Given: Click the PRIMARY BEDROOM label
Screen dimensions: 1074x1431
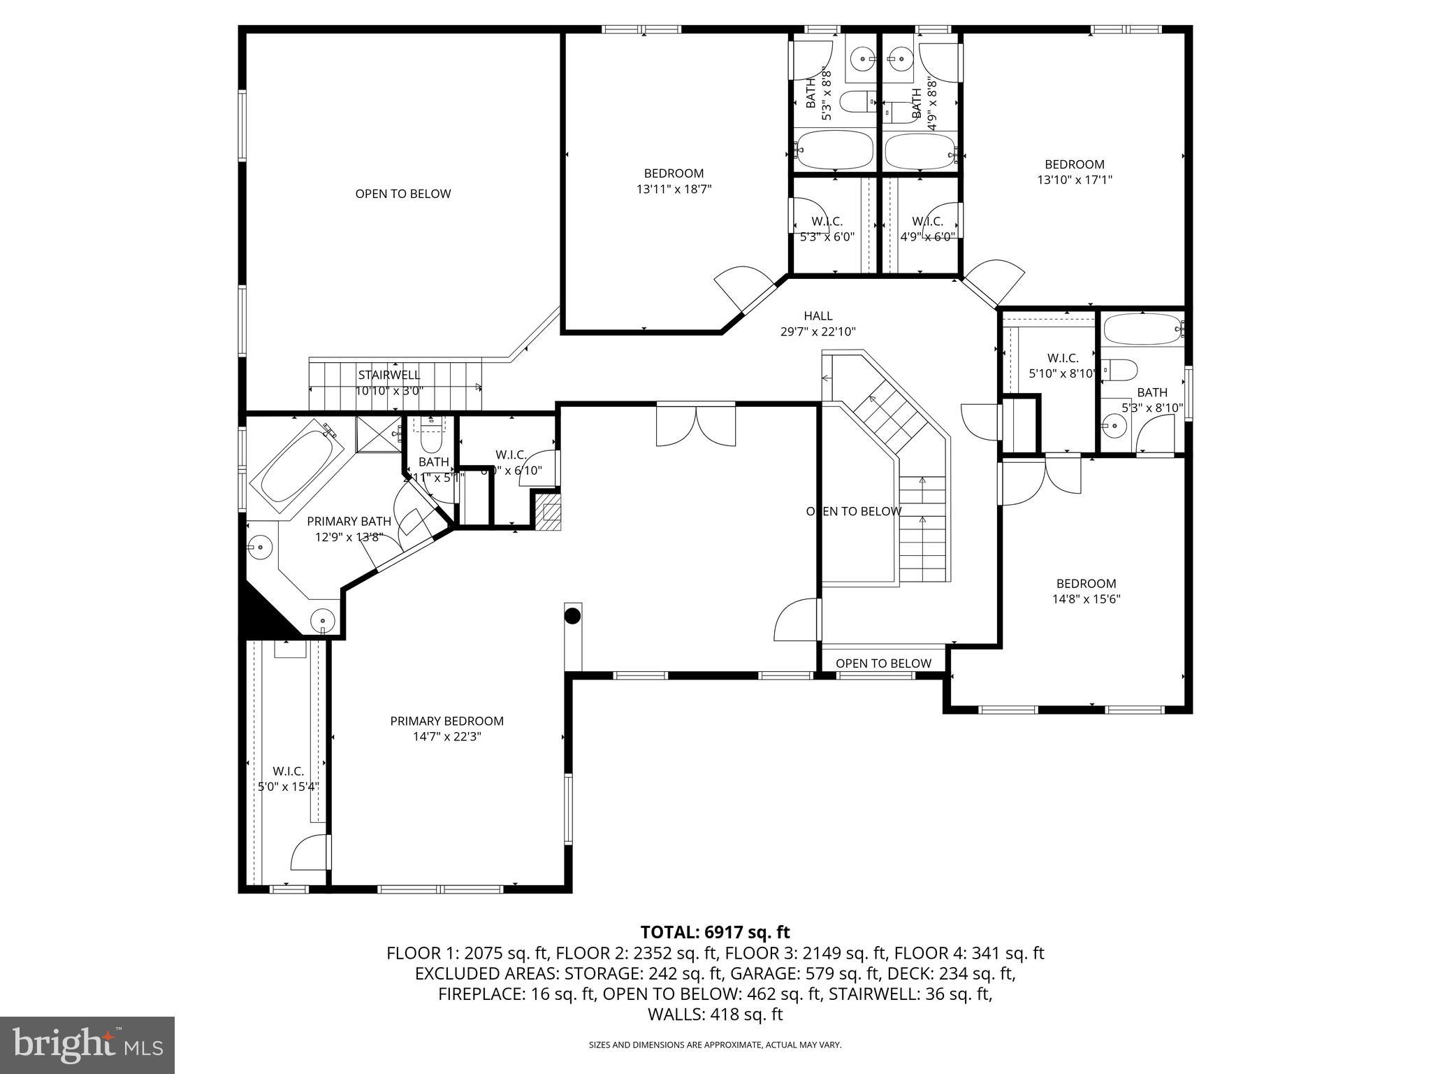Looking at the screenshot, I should point(446,721).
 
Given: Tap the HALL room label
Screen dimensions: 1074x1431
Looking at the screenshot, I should point(818,316).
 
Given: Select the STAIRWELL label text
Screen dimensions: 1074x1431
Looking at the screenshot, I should point(389,375).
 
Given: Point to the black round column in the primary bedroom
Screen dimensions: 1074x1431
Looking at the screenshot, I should point(572,616).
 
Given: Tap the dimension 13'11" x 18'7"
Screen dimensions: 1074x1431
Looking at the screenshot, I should point(674,189).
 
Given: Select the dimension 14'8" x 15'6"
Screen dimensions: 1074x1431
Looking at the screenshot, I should point(1086,599).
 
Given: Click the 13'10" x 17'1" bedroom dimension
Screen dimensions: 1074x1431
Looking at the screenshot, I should point(1074,180).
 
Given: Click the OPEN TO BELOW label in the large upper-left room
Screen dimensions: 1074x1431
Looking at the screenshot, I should point(403,194).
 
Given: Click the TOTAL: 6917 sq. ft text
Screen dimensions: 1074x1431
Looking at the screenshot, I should point(715,932).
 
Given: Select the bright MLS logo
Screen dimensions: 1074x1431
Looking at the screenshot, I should point(87,1045).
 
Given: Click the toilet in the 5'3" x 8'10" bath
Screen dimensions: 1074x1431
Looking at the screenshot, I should point(1119,368).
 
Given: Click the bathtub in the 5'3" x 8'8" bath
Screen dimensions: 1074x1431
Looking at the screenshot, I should point(835,149).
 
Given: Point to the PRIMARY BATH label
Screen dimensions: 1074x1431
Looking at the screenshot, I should point(349,521).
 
